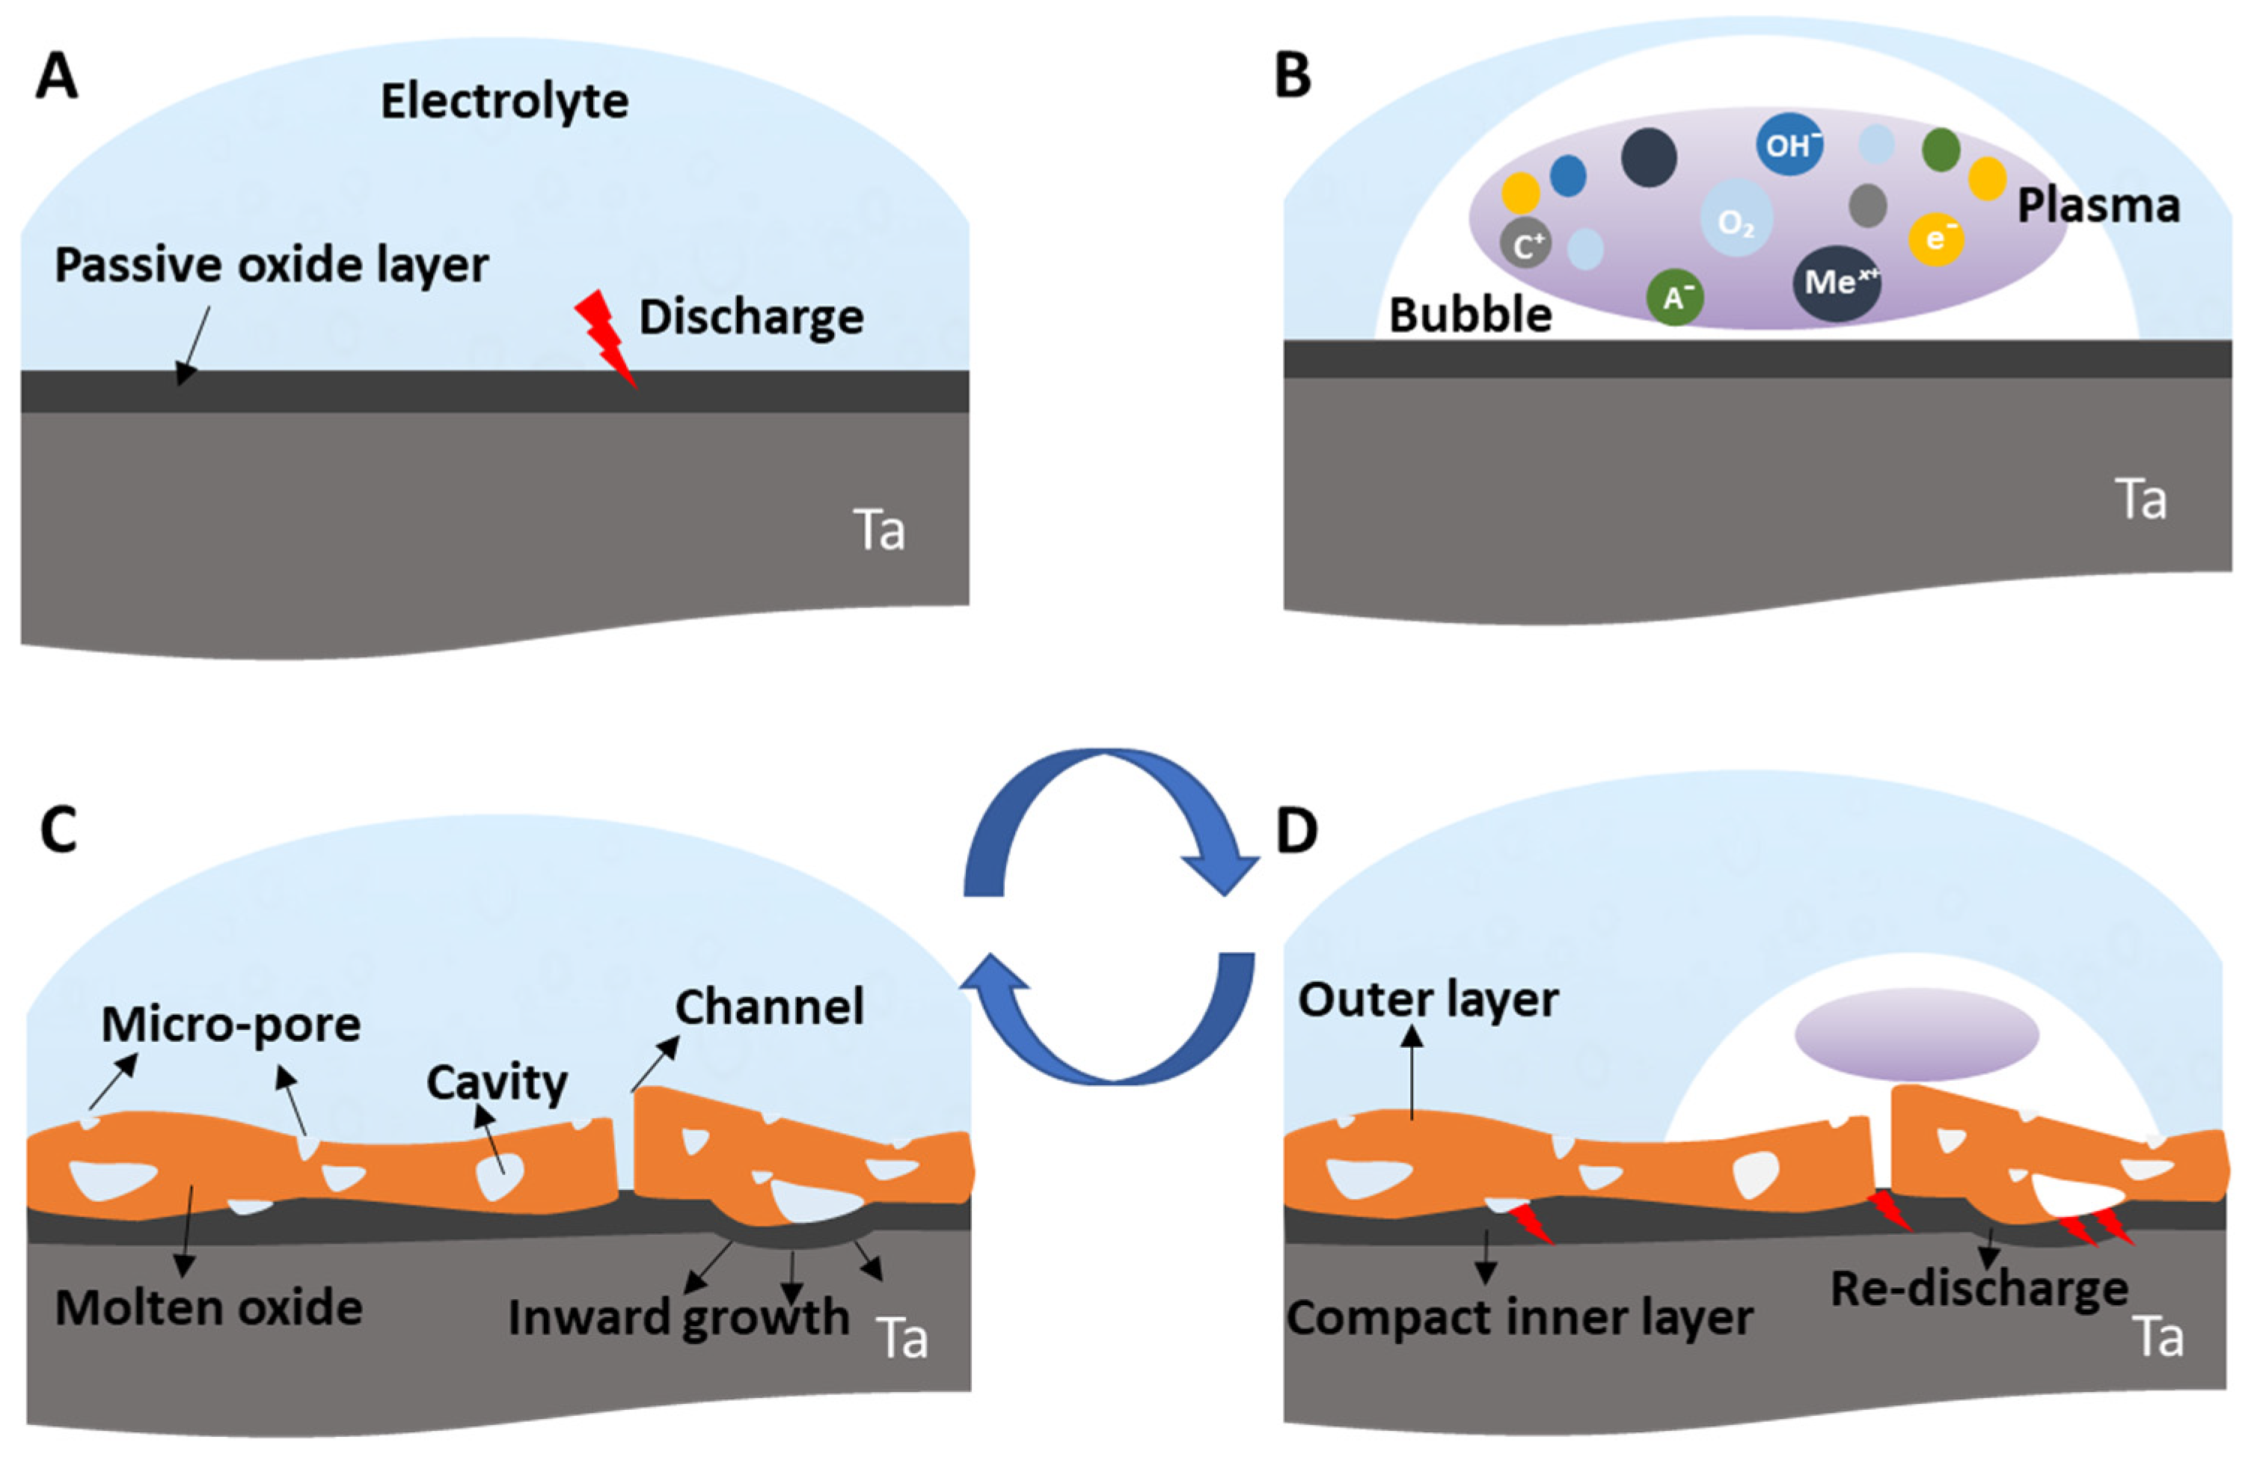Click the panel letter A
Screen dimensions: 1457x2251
[x=56, y=76]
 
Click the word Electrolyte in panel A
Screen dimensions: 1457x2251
[x=504, y=101]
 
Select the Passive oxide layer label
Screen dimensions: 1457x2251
[x=272, y=266]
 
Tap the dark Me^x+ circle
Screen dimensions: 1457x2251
[x=1837, y=283]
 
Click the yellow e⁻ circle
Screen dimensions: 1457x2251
[x=1936, y=239]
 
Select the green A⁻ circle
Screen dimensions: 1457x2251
[x=1675, y=298]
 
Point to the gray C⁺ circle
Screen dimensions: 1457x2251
[x=1525, y=245]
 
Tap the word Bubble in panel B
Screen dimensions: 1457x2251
[x=1470, y=315]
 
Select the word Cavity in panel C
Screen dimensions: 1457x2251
[x=497, y=1082]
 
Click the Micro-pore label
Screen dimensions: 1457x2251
[x=230, y=1024]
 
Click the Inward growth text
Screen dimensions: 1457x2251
[x=678, y=1318]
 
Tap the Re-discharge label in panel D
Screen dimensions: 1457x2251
[x=1979, y=1289]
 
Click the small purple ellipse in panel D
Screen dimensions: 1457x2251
[x=1916, y=1034]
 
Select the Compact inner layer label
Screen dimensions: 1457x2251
[x=1519, y=1318]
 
